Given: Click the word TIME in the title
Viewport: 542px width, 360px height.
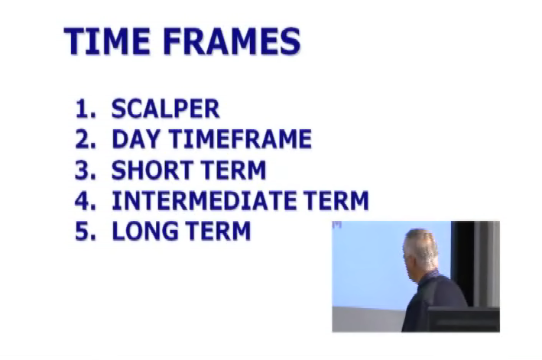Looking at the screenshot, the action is (x=107, y=41).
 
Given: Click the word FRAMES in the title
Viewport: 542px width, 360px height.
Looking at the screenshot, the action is (x=232, y=41).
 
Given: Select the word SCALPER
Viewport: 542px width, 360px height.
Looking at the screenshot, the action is (x=165, y=109).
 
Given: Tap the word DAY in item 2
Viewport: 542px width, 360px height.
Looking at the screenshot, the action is (x=135, y=139).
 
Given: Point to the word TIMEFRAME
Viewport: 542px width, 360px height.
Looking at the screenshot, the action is (x=240, y=139).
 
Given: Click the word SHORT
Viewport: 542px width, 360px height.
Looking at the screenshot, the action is (x=152, y=170).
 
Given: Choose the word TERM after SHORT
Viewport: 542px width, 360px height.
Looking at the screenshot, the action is (x=233, y=170).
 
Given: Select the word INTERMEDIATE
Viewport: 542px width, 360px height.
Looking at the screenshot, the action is (x=204, y=200).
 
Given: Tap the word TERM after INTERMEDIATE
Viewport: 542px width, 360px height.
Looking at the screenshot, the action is (x=336, y=200).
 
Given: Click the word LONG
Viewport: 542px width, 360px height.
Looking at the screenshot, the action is (x=145, y=231).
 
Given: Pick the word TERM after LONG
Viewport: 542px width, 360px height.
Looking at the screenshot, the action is (x=218, y=231).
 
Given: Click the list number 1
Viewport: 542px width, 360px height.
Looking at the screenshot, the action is (x=86, y=109).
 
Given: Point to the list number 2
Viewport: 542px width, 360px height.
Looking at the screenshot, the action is (x=86, y=139).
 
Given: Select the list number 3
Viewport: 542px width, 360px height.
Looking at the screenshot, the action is (x=86, y=170).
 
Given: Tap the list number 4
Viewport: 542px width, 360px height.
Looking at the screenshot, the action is (x=86, y=200).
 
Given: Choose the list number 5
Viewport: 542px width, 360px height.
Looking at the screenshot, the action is (x=86, y=231).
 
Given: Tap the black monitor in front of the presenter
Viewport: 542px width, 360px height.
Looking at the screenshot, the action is (x=463, y=320).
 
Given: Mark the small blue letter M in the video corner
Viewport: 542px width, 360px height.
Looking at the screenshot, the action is (x=336, y=225).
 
